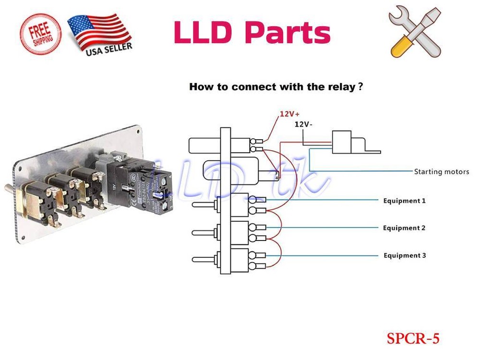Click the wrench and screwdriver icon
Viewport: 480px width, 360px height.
415,32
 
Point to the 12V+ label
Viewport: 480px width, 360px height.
289,114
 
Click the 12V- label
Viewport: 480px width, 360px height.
303,124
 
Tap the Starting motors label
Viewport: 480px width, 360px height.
441,171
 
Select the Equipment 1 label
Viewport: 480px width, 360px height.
404,201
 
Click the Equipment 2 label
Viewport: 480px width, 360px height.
404,228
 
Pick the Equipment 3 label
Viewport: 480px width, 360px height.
405,255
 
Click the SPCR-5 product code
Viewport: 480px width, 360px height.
413,338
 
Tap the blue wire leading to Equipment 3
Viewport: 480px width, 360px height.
326,255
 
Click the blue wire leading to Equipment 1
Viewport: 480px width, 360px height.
326,200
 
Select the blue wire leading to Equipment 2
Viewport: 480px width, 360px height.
326,228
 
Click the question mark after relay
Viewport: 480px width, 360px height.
360,87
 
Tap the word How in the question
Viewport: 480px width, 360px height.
199,87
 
